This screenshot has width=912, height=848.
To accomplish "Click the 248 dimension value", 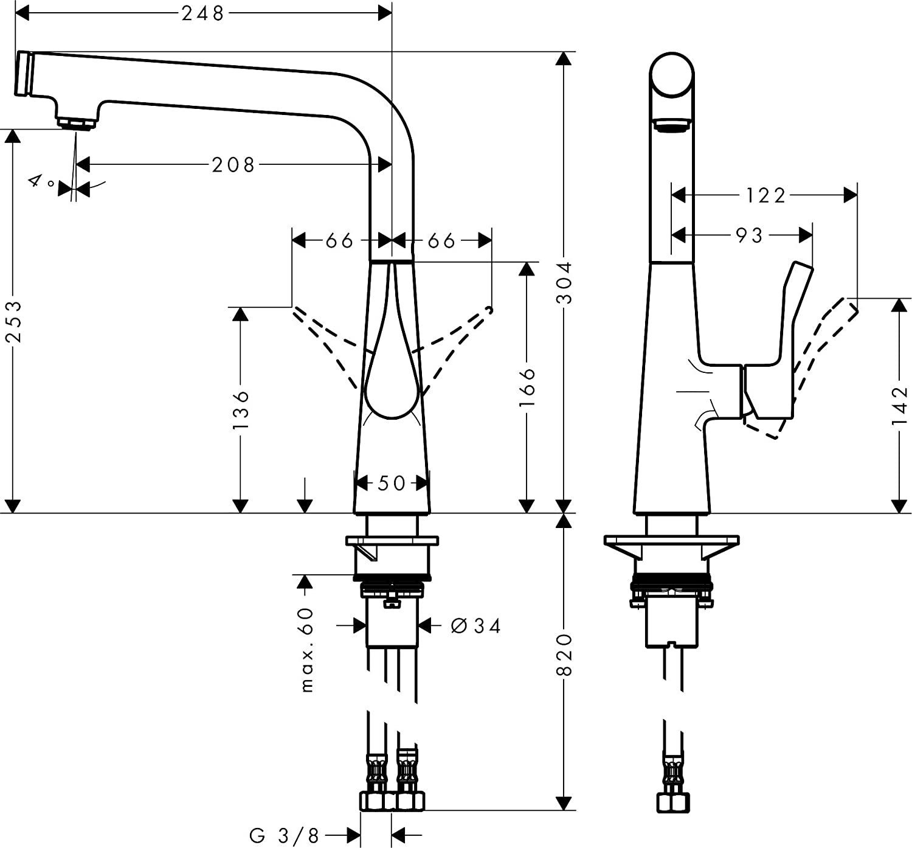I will coord(203,13).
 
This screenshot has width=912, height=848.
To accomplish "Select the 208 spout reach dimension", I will coord(233,164).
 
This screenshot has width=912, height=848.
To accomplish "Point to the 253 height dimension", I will coord(13,321).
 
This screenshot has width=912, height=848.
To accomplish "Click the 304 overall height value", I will coord(565,282).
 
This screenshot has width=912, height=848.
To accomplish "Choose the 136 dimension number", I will coord(241,410).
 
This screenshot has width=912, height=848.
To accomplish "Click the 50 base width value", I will coord(392,483).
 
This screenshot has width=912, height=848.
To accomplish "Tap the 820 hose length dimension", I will coord(565,655).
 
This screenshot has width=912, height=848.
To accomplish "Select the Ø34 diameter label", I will coord(476,625).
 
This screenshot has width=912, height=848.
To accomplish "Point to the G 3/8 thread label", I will coord(284,835).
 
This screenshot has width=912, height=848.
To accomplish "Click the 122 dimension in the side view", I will coord(765,195).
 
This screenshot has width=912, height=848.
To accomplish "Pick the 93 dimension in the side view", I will coord(749,235).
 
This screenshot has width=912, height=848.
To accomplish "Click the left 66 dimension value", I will coord(339,241).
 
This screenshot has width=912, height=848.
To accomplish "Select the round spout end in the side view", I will coord(672,75).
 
